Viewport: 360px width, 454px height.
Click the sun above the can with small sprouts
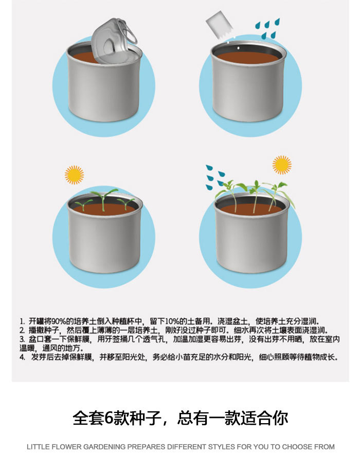pos(75,175)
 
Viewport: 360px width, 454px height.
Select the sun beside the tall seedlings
pos(282,165)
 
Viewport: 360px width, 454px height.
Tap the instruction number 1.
pos(22,321)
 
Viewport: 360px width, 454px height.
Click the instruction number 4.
pos(22,357)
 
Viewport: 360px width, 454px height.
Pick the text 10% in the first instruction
pos(178,321)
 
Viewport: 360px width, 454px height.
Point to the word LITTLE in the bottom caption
pos(38,447)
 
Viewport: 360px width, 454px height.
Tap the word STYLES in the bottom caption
pos(213,447)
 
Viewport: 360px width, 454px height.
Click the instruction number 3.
pos(22,339)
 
